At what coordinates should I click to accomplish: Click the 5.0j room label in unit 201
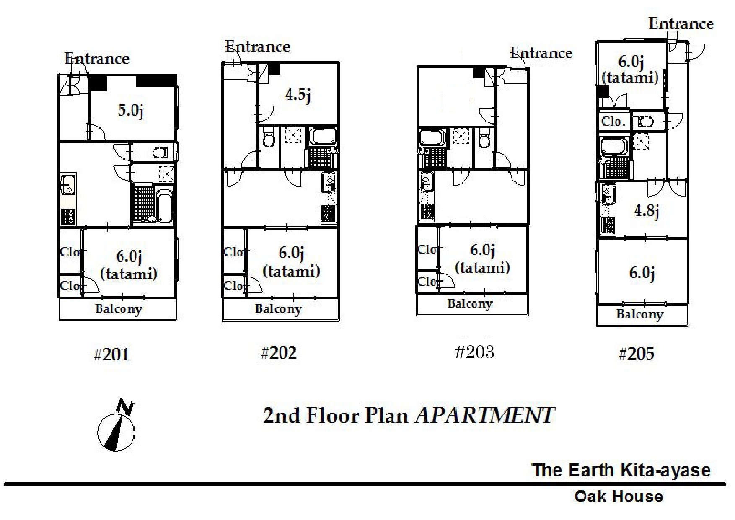pyautogui.click(x=131, y=111)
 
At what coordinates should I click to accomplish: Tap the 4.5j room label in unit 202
pyautogui.click(x=298, y=95)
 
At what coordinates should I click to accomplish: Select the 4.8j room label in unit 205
pyautogui.click(x=646, y=211)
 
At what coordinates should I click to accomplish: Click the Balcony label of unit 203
pyautogui.click(x=470, y=303)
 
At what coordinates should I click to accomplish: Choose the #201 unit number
pyautogui.click(x=111, y=355)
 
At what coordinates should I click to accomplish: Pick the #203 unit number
pyautogui.click(x=474, y=352)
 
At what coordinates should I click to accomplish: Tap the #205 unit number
pyautogui.click(x=636, y=354)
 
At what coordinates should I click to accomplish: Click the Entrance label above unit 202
pyautogui.click(x=257, y=46)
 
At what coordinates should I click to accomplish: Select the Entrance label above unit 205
pyautogui.click(x=681, y=23)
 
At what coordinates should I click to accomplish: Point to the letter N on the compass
pyautogui.click(x=125, y=407)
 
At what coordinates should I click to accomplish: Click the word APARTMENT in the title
pyautogui.click(x=485, y=415)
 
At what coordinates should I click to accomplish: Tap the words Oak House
pyautogui.click(x=619, y=497)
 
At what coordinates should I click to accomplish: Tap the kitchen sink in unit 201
pyautogui.click(x=67, y=185)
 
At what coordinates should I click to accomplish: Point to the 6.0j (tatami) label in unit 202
pyautogui.click(x=291, y=262)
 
